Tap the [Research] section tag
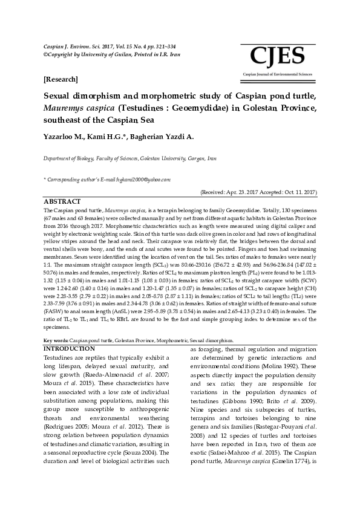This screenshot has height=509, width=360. click(x=61, y=80)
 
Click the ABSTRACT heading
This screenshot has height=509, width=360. click(x=62, y=201)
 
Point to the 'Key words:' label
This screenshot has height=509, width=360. click(x=56, y=341)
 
